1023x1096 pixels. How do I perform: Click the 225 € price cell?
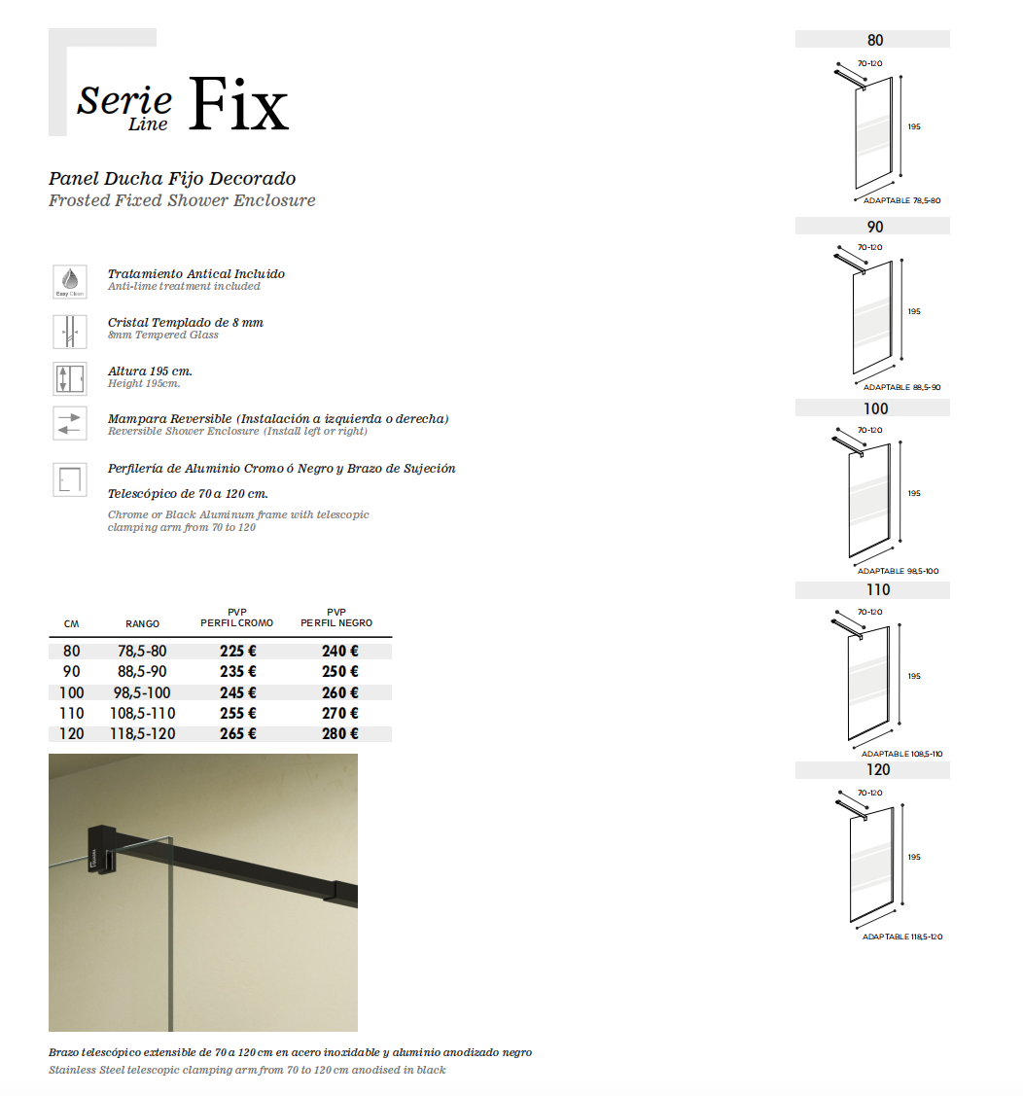[x=238, y=652]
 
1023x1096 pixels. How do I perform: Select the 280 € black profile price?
[x=340, y=733]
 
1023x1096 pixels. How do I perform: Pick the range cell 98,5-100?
[x=142, y=692]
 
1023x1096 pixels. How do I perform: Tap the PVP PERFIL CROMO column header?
[x=237, y=618]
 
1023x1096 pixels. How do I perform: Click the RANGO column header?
[x=142, y=623]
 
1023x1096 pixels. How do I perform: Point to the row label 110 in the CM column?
[x=72, y=713]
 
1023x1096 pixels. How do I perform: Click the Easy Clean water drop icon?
[x=70, y=280]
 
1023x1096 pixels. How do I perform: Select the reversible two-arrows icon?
[x=70, y=424]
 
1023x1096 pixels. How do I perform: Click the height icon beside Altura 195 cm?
[x=70, y=377]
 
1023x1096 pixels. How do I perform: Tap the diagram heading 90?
[x=875, y=226]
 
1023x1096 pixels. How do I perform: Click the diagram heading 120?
[x=877, y=769]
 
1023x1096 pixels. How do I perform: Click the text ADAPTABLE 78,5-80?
[x=901, y=200]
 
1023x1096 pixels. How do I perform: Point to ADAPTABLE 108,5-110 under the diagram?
[x=901, y=754]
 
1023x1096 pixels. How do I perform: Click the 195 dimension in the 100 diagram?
[x=914, y=493]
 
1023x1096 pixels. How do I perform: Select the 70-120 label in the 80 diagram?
[x=869, y=63]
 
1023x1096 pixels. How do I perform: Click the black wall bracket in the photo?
[x=101, y=848]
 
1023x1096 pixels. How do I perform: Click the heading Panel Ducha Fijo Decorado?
[x=172, y=179]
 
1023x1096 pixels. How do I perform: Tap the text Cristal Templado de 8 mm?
[x=185, y=322]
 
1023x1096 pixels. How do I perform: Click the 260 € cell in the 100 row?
[x=340, y=692]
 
